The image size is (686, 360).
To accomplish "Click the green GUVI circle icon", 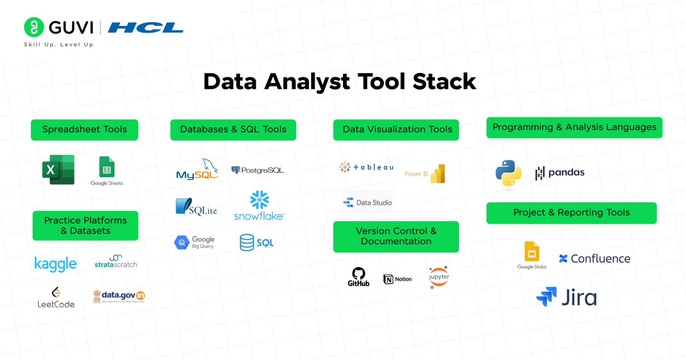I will click(x=34, y=27).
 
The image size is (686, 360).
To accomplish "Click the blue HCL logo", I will click(x=146, y=28).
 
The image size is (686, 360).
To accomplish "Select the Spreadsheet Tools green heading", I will click(x=84, y=130).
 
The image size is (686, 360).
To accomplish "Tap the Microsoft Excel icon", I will click(x=58, y=170).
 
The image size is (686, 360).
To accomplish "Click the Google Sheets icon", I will click(x=107, y=167).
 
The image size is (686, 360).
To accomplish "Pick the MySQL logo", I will click(x=197, y=169).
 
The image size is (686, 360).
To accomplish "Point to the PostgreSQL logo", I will click(x=257, y=170).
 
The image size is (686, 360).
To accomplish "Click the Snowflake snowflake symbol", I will click(x=259, y=200).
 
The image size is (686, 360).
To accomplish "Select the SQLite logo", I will click(x=196, y=207).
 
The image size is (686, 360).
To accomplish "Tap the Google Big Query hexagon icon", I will click(x=182, y=243).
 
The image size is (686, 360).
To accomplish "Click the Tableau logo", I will click(x=366, y=167).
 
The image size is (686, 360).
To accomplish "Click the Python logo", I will click(x=508, y=173).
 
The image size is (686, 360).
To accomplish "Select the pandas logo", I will click(x=560, y=173).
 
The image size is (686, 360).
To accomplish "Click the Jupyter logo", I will click(x=439, y=277).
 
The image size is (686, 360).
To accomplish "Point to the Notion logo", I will click(x=397, y=279).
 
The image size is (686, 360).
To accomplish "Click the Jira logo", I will click(x=566, y=297).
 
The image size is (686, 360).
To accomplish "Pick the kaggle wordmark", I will click(x=55, y=264).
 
